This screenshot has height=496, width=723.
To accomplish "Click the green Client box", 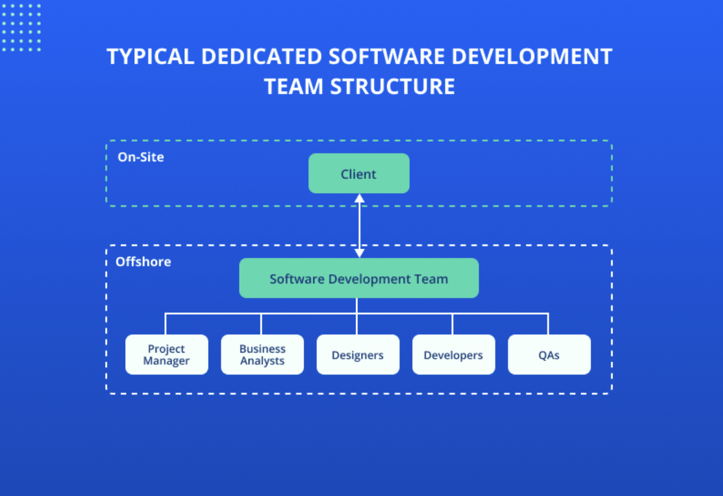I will point(358,173).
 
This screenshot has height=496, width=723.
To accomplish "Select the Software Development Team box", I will point(358,279).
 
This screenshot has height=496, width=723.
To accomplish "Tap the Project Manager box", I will point(167,354).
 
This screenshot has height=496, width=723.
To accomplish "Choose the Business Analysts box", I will point(262,354).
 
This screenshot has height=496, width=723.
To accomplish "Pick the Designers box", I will point(358,354).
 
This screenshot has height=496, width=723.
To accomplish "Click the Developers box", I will point(453,354).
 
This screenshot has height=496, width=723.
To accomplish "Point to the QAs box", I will point(549,354).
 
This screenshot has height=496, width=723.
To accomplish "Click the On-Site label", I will point(140,157).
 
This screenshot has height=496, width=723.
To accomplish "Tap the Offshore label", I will point(143,262).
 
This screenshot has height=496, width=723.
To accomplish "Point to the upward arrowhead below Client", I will point(359,199).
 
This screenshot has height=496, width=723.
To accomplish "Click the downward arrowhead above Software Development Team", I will point(359,252).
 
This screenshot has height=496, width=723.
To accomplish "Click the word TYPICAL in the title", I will point(150,57).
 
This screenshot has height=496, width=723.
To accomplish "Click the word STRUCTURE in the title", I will point(393,86).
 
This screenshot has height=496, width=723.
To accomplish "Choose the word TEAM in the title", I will point(294,86).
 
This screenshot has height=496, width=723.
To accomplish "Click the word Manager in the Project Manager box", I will point(166,361).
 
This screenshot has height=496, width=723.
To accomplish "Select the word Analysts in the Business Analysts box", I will point(262,361).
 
